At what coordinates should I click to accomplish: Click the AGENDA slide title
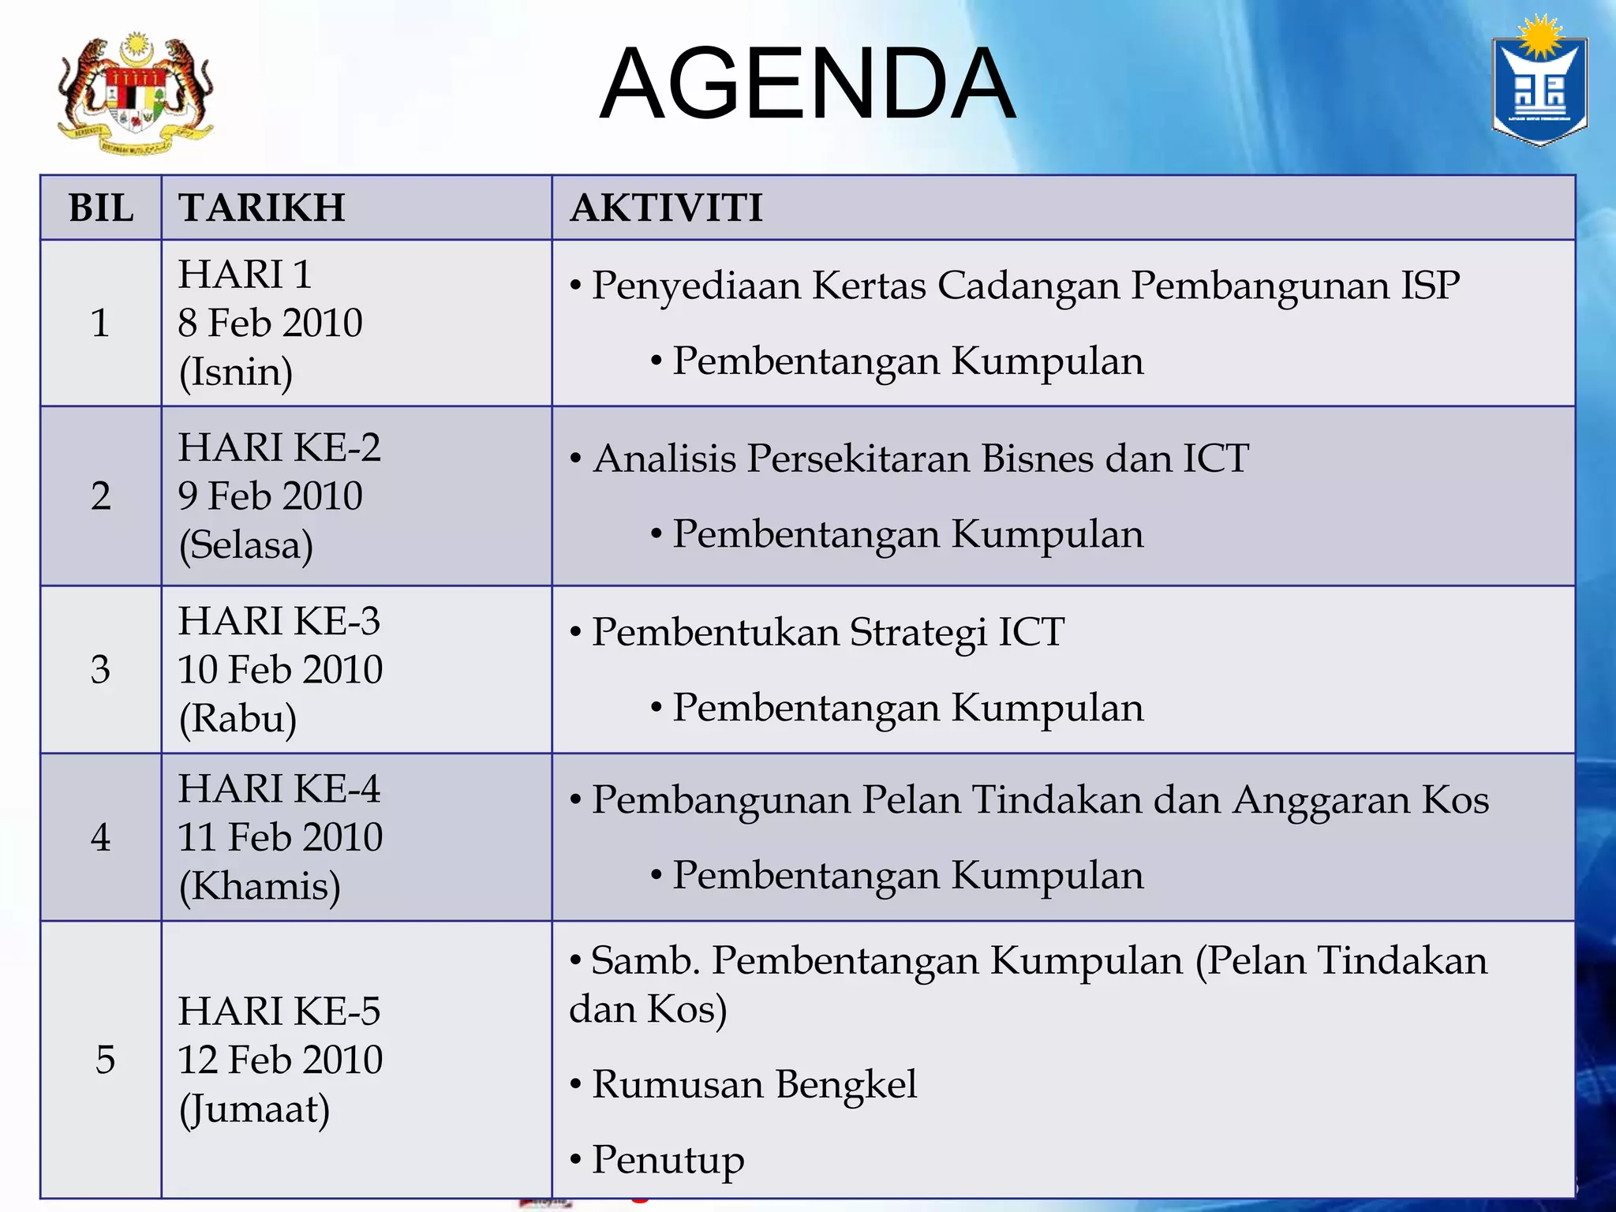point(807,84)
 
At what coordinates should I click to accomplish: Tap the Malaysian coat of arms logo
point(135,93)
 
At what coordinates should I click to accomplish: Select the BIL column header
point(101,208)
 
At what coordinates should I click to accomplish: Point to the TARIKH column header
point(262,208)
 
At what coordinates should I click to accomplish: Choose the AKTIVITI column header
point(667,208)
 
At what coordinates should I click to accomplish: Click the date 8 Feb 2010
point(270,323)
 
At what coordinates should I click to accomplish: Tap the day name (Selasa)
point(246,544)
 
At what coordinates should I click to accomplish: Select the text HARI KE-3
point(279,621)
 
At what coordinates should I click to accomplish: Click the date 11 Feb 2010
point(280,837)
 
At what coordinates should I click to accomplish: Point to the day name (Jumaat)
point(254,1109)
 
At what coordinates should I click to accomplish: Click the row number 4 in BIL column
point(100,837)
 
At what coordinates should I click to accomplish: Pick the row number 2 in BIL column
point(100,496)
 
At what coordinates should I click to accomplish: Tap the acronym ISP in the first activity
point(1430,285)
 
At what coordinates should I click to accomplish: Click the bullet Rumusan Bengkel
point(754,1084)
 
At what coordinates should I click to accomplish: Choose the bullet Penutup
point(668,1160)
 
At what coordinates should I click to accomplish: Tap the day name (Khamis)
point(260,886)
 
